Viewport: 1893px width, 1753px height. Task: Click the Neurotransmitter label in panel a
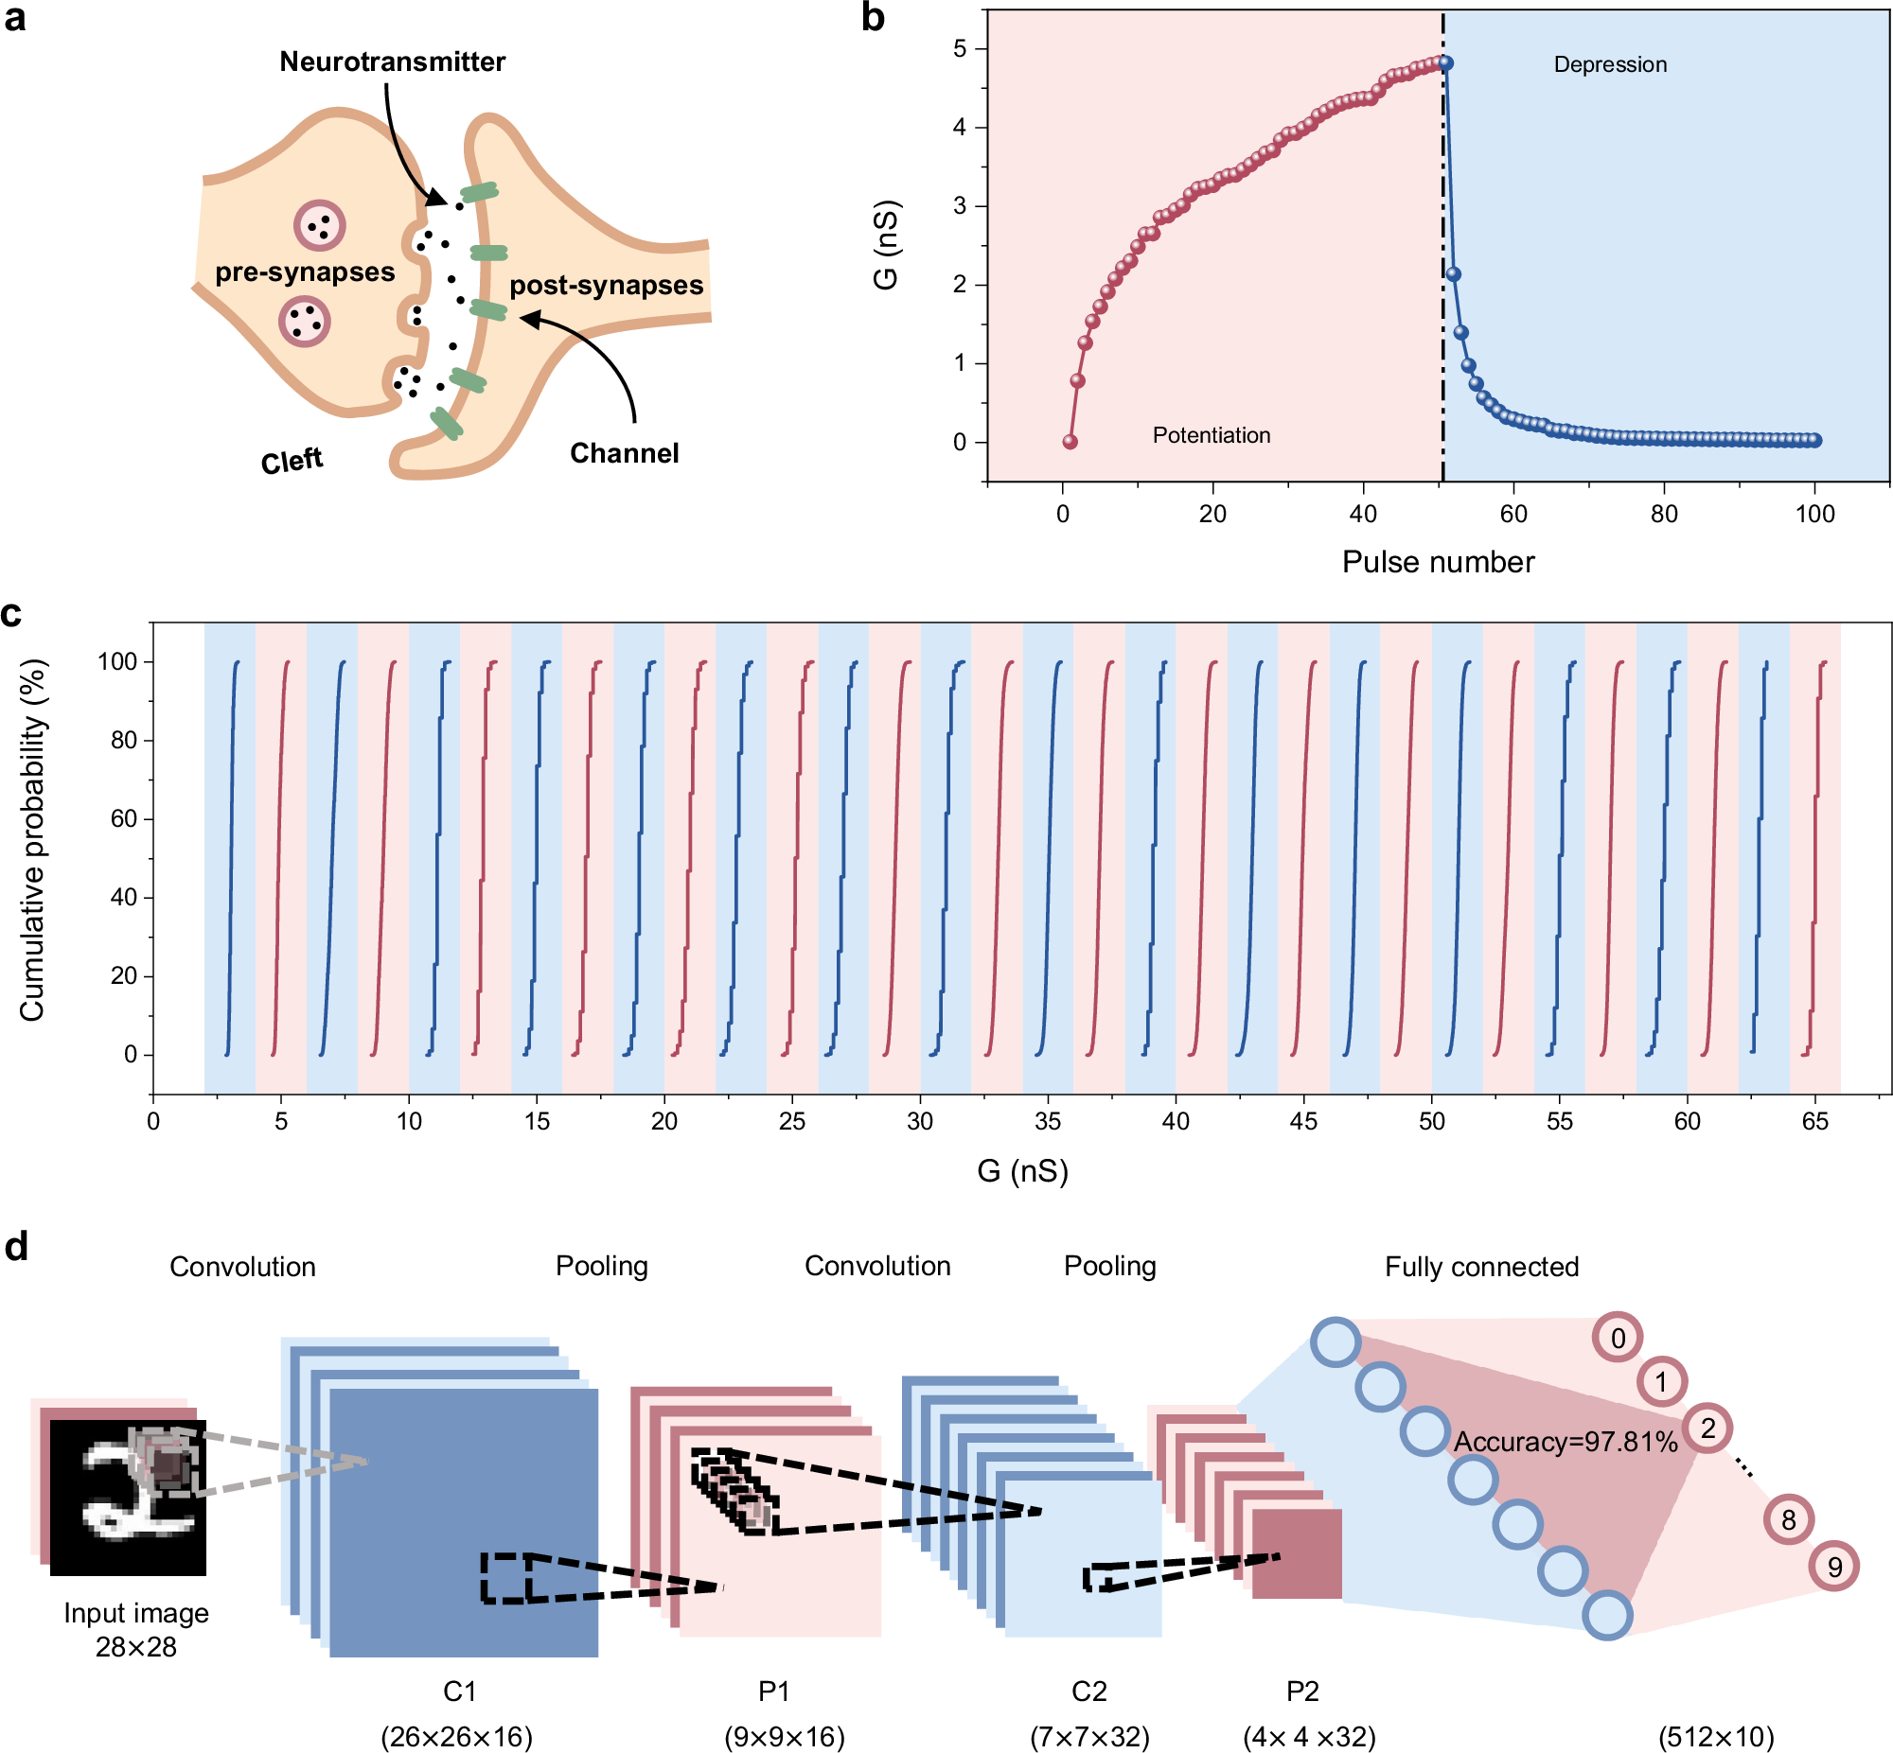(x=392, y=62)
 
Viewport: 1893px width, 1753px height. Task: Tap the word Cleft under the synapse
(x=292, y=461)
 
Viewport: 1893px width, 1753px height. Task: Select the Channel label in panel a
(x=624, y=453)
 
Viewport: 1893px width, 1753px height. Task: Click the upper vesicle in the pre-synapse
(x=319, y=226)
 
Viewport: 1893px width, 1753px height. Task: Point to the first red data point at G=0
(x=1070, y=442)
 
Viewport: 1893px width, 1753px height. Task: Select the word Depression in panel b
(x=1609, y=64)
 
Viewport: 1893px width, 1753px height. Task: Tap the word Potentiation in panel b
(x=1211, y=435)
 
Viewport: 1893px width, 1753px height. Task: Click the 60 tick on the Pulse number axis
(x=1513, y=514)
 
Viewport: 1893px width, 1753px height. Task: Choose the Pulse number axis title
(x=1438, y=563)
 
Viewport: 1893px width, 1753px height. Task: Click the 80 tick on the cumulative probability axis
(x=124, y=740)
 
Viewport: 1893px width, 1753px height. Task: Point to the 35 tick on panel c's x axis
(x=1048, y=1121)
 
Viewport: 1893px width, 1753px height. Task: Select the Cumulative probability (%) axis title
(x=32, y=840)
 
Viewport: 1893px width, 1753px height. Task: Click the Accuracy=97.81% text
(x=1566, y=1442)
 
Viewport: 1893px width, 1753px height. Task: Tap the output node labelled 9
(x=1833, y=1567)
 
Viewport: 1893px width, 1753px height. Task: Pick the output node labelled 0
(x=1618, y=1339)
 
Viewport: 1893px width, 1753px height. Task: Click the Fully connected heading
(x=1481, y=1268)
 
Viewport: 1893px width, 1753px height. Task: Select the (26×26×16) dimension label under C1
(x=456, y=1737)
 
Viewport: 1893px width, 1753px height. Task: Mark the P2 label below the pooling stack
(x=1301, y=1692)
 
